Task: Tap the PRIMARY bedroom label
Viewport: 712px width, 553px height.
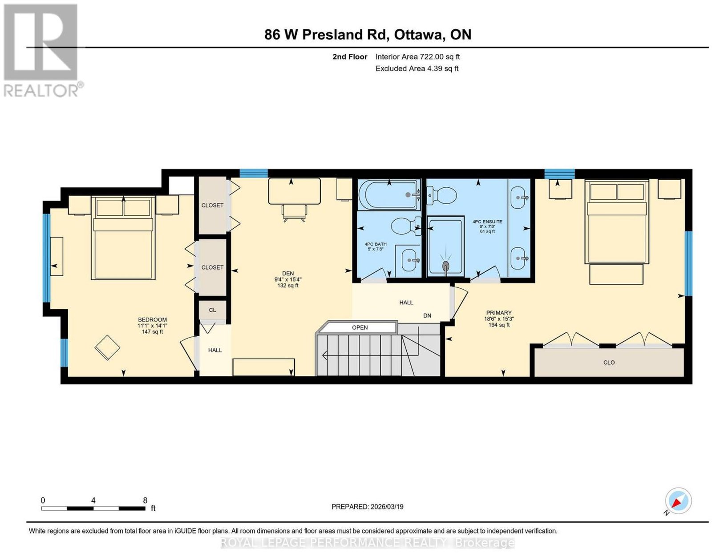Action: click(498, 313)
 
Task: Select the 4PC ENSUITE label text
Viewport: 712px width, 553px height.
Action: click(487, 222)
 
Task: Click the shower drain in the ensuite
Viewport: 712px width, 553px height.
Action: click(445, 266)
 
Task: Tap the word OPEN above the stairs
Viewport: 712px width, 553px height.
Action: click(360, 327)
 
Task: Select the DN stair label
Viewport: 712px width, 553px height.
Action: click(427, 315)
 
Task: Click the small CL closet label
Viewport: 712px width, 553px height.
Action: click(212, 310)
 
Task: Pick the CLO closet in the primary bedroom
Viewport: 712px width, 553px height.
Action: click(609, 363)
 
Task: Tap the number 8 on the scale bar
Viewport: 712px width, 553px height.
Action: click(145, 501)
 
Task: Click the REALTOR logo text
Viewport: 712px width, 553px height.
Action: click(41, 91)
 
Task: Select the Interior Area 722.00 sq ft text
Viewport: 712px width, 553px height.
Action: click(418, 57)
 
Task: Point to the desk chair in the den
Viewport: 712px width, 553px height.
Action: click(294, 213)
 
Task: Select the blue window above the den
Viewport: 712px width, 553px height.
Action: click(254, 173)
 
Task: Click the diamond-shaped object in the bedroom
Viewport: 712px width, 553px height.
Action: click(107, 348)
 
